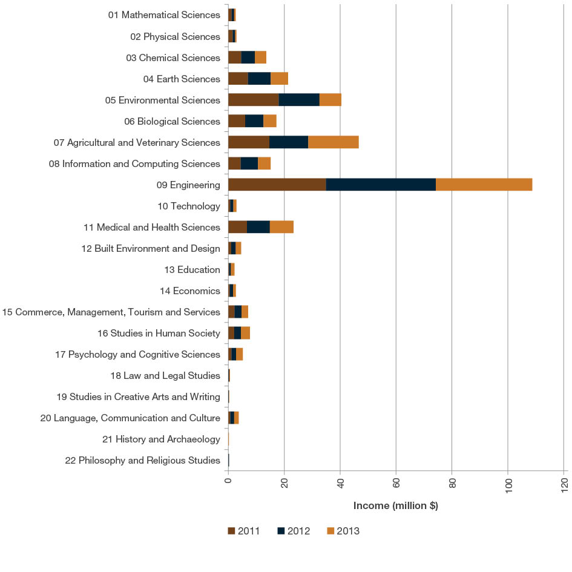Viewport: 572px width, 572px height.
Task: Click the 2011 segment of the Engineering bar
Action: (277, 185)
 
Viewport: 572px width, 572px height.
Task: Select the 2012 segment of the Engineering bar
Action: (381, 185)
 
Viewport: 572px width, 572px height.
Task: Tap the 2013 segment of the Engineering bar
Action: (484, 185)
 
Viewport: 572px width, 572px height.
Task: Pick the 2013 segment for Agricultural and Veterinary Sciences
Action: (333, 142)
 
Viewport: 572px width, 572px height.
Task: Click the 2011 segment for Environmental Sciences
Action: (253, 100)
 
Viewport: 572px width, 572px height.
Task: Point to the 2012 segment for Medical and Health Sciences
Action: (258, 227)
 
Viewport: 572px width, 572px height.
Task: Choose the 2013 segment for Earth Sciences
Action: (279, 79)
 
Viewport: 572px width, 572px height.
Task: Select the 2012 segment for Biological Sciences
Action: (254, 121)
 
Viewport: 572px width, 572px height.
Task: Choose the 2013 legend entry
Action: (343, 531)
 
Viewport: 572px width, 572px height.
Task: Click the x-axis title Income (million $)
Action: (395, 506)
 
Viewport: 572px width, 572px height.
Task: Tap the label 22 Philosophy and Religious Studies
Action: (142, 460)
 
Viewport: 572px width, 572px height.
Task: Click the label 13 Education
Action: (192, 269)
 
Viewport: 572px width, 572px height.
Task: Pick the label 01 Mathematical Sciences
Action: (163, 15)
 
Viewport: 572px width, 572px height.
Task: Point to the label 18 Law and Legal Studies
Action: (165, 375)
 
